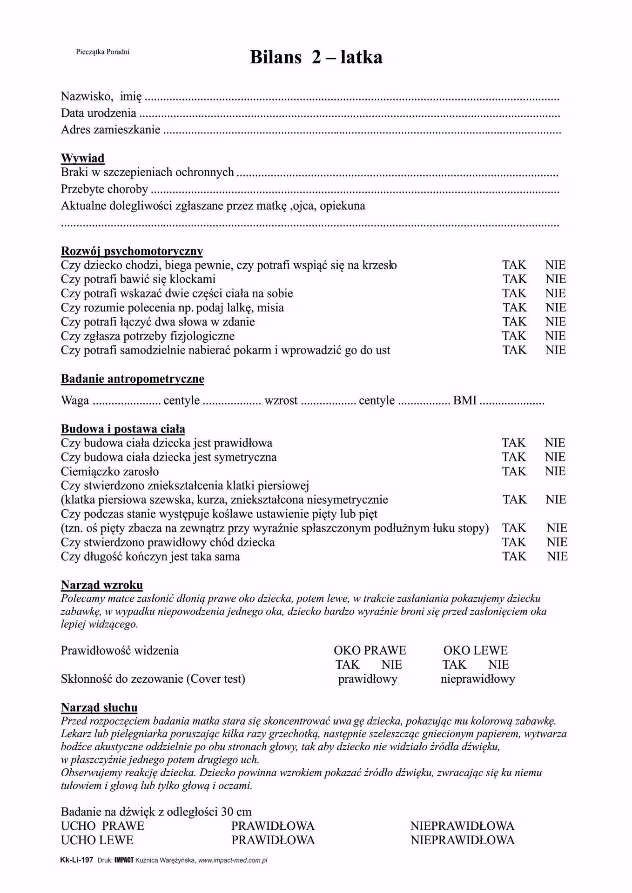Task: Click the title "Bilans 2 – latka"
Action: point(316,57)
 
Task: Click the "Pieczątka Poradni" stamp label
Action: point(102,52)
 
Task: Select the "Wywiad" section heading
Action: point(82,158)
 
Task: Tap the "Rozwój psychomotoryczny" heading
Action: point(132,251)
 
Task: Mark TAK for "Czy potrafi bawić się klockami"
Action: point(514,279)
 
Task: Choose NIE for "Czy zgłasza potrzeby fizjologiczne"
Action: point(556,336)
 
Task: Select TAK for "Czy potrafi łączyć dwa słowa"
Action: point(514,322)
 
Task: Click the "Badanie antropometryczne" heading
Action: point(132,379)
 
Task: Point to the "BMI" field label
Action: point(464,400)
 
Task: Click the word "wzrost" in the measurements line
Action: point(281,400)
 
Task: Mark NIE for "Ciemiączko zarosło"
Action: point(555,471)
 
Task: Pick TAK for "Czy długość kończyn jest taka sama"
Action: point(514,556)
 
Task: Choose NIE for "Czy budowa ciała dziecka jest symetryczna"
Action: point(555,457)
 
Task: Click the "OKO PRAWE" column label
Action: point(370,650)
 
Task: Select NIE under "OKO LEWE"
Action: point(498,665)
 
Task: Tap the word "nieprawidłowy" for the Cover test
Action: point(477,679)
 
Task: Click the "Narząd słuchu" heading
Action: point(99,708)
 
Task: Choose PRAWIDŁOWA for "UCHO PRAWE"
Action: point(273,826)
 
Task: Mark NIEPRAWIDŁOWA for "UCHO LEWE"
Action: point(462,840)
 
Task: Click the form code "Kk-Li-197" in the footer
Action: point(77,860)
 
